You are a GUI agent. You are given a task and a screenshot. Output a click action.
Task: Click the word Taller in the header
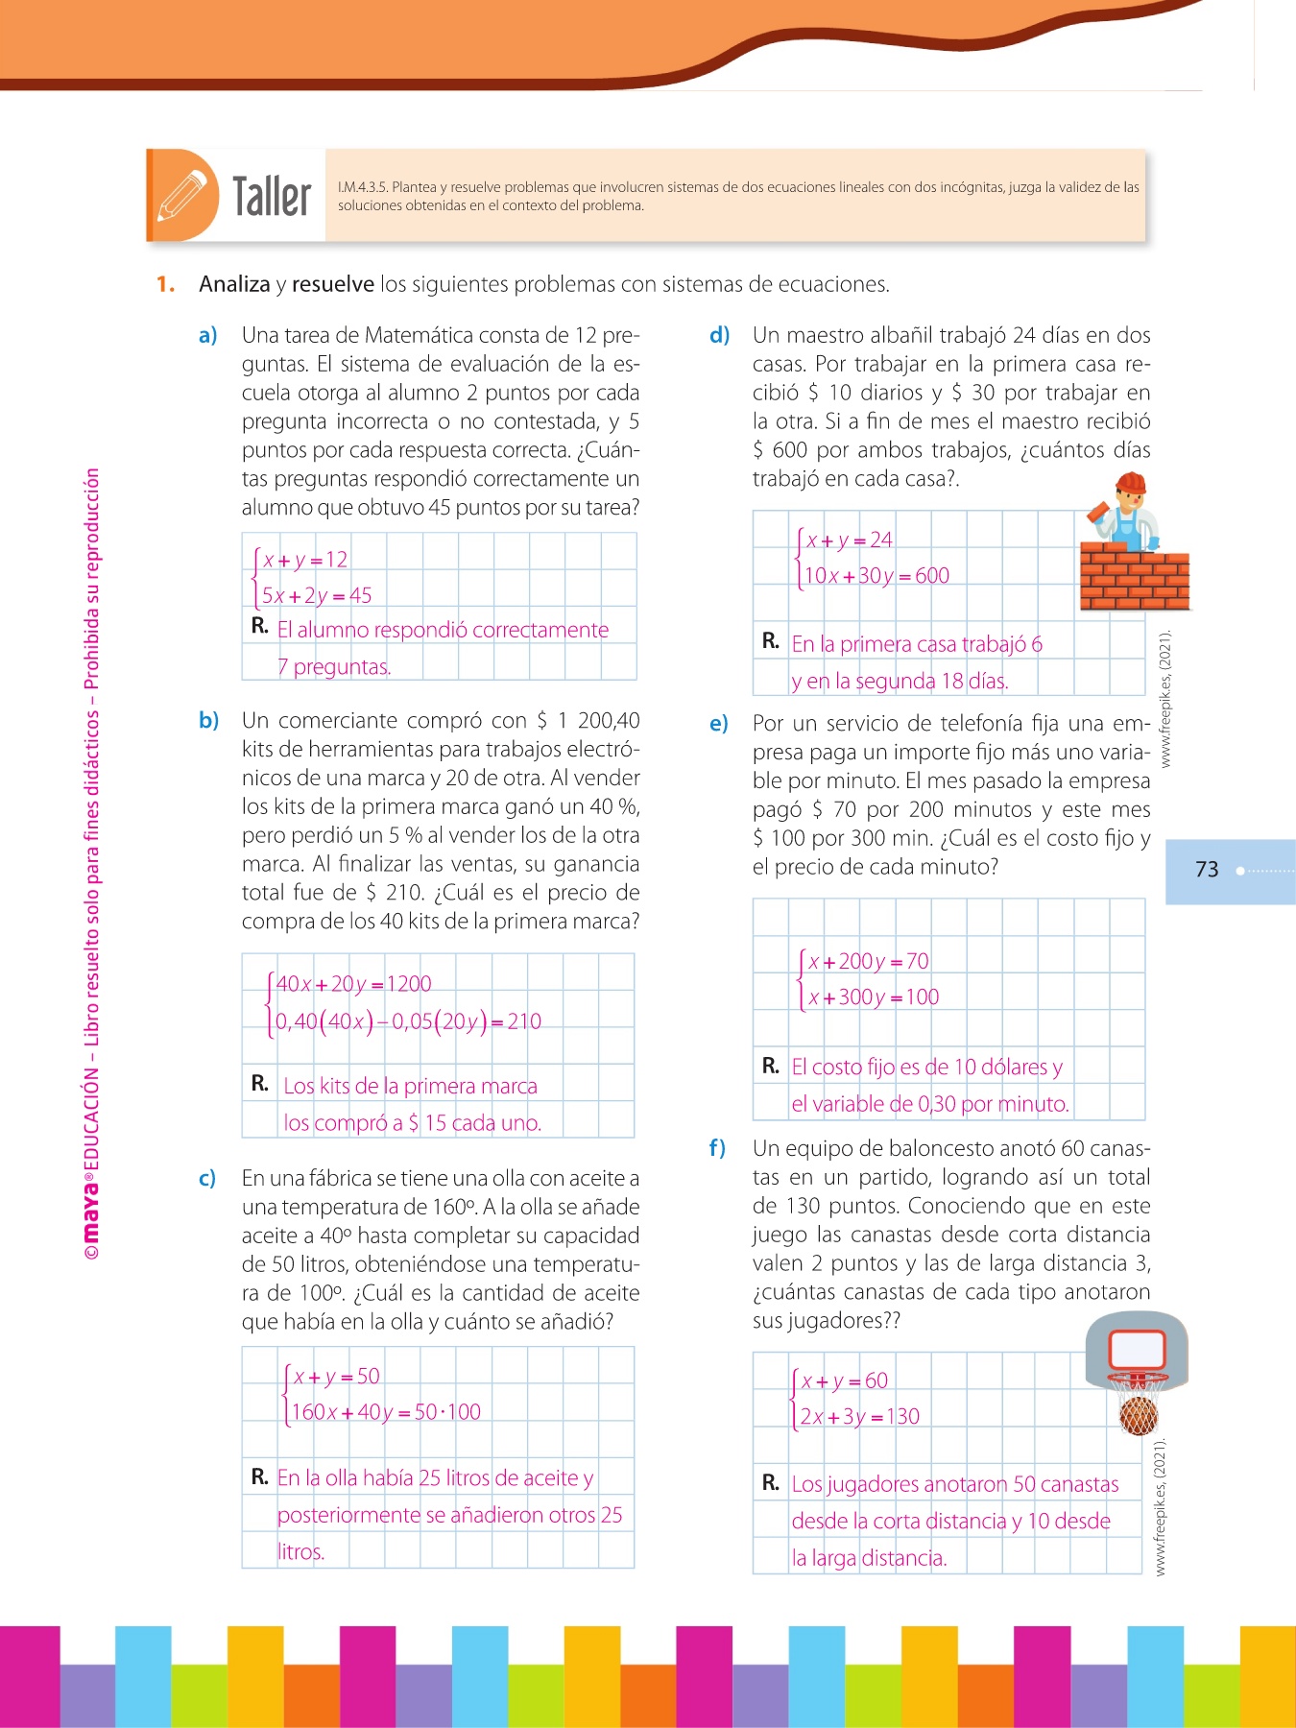272,197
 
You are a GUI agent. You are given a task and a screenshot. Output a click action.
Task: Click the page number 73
1207,870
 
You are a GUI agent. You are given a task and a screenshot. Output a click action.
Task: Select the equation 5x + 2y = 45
317,595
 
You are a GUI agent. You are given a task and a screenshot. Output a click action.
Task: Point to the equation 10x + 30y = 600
876,576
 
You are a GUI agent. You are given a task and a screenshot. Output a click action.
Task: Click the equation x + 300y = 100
874,997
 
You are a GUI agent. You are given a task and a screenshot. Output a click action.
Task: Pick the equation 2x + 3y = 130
860,1416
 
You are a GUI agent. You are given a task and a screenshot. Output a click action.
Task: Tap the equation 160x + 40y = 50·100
386,1412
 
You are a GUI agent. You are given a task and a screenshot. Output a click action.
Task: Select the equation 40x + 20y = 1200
353,984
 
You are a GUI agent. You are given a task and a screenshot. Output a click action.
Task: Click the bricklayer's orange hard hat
1132,482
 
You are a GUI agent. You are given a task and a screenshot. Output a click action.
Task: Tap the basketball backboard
1137,1349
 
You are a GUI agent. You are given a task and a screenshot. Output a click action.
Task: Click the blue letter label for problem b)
208,721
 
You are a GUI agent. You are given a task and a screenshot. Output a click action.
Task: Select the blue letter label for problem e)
719,724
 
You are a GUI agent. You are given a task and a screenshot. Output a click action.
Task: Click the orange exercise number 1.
165,284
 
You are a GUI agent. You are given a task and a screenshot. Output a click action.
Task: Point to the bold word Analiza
234,284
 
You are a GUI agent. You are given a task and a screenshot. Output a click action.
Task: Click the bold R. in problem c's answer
259,1476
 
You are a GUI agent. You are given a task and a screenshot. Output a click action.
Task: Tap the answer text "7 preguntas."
334,666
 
